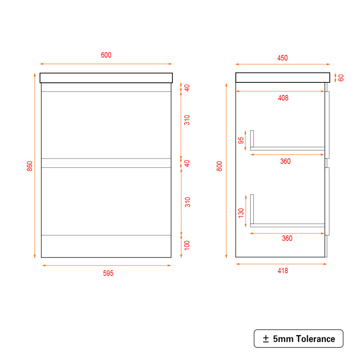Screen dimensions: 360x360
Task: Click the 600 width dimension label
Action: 106,55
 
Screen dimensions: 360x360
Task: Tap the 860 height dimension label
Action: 30,166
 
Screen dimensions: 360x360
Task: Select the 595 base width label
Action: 108,273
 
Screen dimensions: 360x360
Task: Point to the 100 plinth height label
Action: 187,245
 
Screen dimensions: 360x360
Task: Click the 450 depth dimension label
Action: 283,58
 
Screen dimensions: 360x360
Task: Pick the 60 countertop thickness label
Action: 341,78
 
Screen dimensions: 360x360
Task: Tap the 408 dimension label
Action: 283,98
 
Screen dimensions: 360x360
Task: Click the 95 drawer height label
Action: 241,140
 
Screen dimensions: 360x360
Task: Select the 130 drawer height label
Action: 241,213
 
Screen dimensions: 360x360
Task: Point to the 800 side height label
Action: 220,166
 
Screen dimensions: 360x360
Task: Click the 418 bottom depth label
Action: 283,271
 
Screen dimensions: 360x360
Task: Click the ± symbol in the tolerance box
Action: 266,339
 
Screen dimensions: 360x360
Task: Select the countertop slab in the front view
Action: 106,78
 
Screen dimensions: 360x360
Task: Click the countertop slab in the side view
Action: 283,77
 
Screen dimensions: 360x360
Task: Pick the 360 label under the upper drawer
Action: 285,161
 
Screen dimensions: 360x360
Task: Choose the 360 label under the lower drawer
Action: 287,238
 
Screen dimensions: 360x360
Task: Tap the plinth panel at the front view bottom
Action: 106,246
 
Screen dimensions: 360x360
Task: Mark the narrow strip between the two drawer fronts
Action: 106,163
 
